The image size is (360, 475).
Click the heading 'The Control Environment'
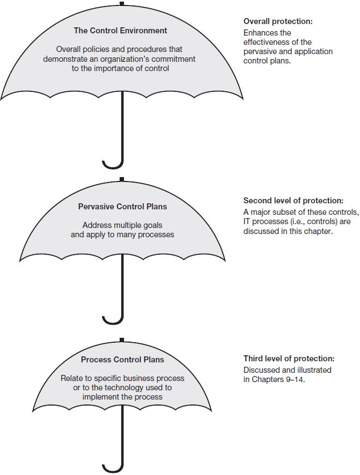coord(120,31)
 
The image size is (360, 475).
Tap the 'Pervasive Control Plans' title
coord(122,207)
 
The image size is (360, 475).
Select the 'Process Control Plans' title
coord(122,360)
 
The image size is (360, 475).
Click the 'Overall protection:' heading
coord(278,21)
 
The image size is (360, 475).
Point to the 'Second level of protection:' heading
coord(293,201)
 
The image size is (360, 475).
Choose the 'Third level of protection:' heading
coord(289,359)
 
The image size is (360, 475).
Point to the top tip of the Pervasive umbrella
coord(122,179)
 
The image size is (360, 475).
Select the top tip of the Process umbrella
coord(122,339)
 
